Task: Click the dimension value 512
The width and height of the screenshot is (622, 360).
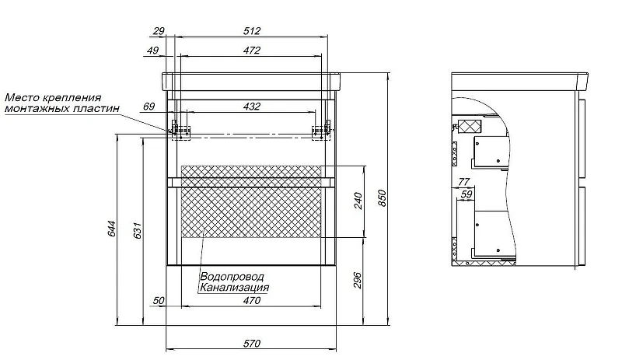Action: click(252, 31)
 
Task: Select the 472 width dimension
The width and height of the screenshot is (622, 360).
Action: click(252, 51)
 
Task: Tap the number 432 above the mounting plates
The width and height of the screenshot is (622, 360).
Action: click(252, 107)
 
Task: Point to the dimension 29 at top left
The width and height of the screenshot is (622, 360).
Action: click(159, 31)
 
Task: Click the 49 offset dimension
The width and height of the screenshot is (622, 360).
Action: click(152, 51)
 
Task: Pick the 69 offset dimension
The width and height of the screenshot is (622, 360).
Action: click(149, 107)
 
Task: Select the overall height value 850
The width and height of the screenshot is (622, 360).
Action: click(381, 198)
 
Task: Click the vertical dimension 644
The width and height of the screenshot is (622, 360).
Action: click(112, 229)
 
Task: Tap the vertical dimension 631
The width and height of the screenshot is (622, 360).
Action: click(138, 230)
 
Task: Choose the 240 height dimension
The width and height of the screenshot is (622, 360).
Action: click(358, 201)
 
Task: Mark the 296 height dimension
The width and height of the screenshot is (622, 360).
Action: click(358, 280)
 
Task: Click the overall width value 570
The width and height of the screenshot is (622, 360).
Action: click(252, 344)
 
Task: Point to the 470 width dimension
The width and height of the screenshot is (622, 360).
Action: click(252, 300)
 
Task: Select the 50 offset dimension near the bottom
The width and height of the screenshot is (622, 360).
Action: click(159, 300)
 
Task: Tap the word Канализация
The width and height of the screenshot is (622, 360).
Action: click(234, 287)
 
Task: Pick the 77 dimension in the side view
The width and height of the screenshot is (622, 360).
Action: click(464, 182)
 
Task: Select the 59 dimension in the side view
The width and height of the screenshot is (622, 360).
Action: click(467, 194)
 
